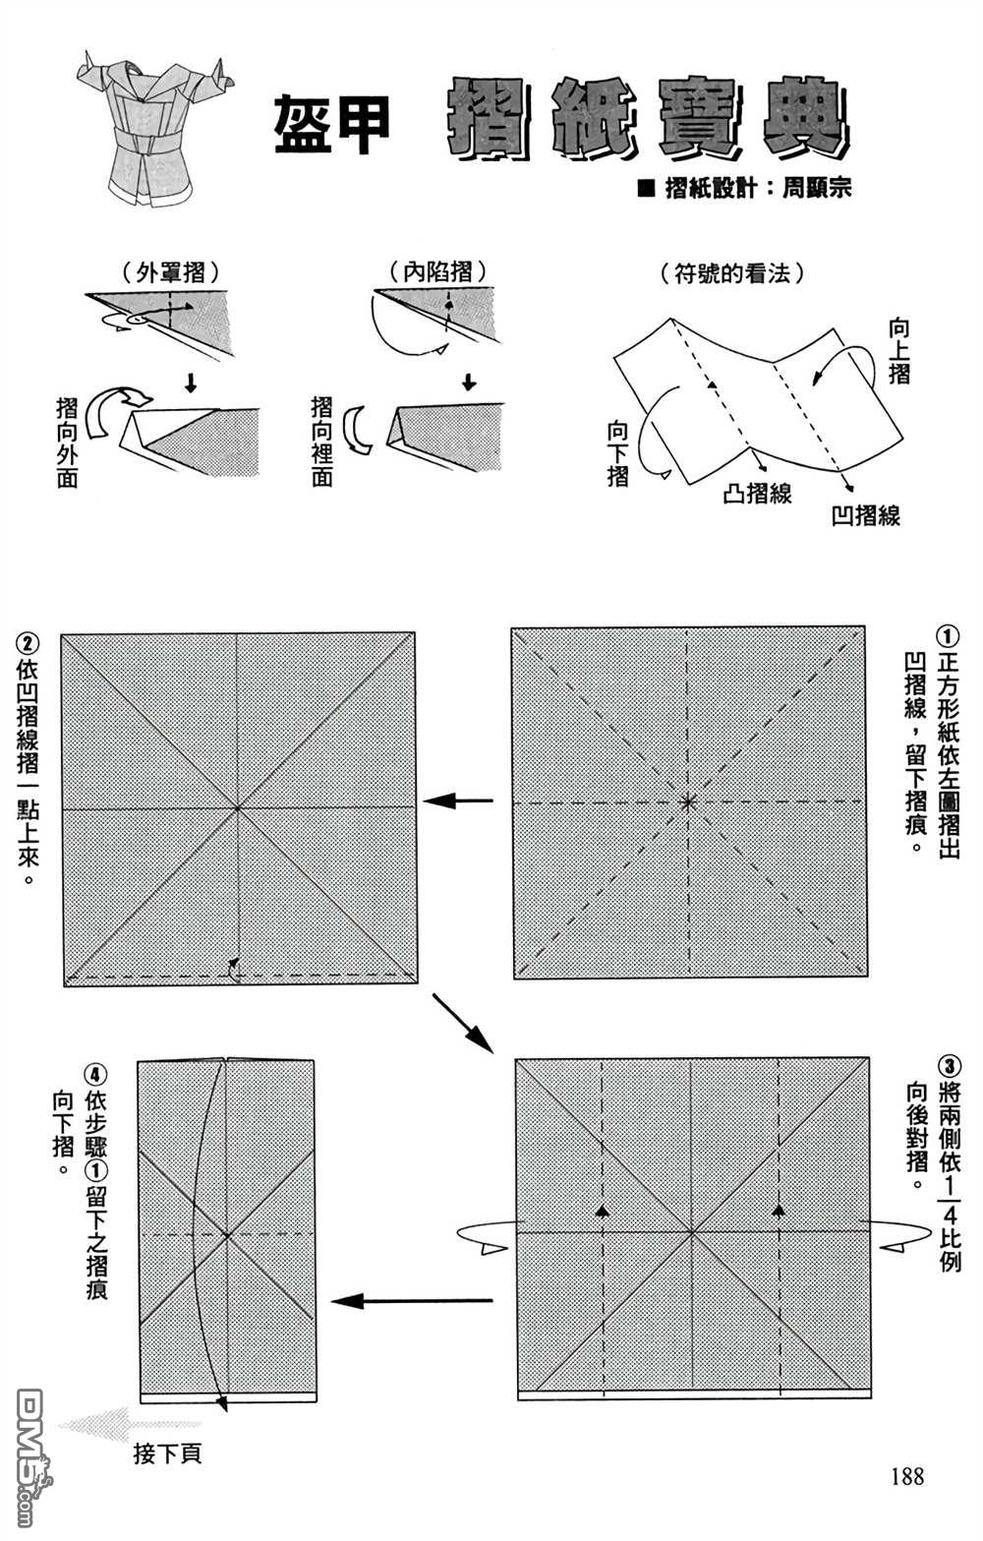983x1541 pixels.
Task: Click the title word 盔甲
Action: (332, 125)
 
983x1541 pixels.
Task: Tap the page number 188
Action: (906, 1475)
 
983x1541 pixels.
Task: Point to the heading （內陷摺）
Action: (437, 271)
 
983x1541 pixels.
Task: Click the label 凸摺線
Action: (757, 493)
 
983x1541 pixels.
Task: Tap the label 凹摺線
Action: (866, 515)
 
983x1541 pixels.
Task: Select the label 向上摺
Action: (898, 350)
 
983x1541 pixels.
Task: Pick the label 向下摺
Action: (618, 453)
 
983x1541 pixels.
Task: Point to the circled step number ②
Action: (28, 645)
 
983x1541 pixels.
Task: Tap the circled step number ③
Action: (949, 1066)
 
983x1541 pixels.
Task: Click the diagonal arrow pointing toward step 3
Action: (462, 1023)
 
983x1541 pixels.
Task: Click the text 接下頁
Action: (167, 1453)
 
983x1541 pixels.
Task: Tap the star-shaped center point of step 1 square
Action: (688, 801)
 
